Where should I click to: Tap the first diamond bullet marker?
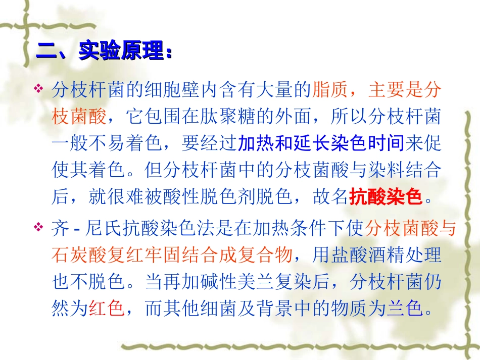[x=39, y=89]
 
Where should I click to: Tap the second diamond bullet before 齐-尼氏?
[x=39, y=228]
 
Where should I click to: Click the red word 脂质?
[x=330, y=90]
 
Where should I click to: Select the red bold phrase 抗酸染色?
[x=386, y=196]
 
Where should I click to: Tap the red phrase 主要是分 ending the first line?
[x=405, y=90]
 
